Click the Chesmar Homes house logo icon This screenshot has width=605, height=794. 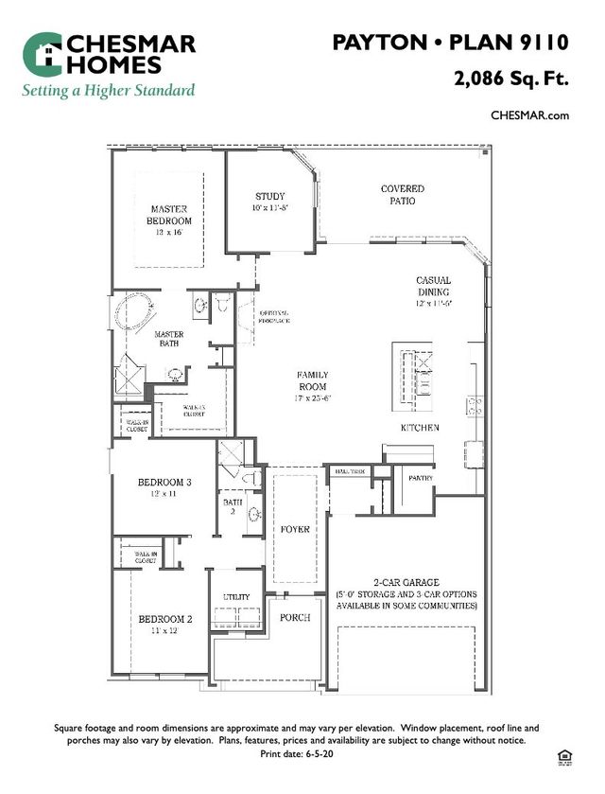click(x=42, y=55)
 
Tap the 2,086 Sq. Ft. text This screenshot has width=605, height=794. click(x=511, y=79)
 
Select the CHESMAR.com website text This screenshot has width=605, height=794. click(x=529, y=115)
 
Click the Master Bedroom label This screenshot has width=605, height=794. click(x=169, y=215)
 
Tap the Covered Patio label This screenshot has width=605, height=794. click(x=403, y=195)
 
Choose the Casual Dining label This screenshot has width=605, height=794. click(x=434, y=287)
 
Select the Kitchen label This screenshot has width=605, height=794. click(x=420, y=428)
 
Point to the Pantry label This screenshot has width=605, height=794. click(x=421, y=478)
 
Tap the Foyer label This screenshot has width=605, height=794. click(x=296, y=529)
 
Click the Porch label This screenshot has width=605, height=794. click(x=296, y=616)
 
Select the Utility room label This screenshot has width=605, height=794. click(x=236, y=597)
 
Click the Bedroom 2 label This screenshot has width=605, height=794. click(x=165, y=625)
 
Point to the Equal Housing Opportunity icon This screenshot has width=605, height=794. click(x=566, y=754)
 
